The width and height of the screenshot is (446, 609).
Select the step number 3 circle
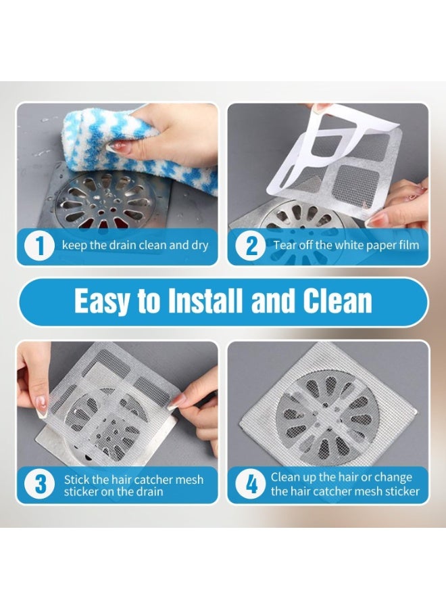click(40, 484)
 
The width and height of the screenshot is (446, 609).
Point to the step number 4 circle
click(251, 484)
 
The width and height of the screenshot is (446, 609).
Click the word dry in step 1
click(200, 246)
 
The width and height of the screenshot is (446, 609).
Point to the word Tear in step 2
click(282, 245)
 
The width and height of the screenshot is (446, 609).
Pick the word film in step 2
click(410, 245)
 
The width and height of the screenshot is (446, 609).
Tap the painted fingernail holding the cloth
click(116, 147)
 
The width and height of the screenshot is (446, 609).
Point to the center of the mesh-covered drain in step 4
click(328, 413)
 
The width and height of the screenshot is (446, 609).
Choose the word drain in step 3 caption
click(148, 491)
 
